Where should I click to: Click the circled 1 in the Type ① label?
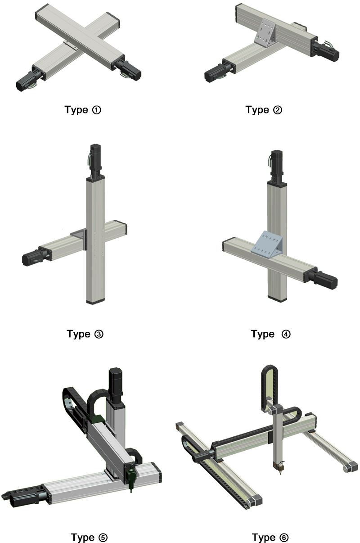[x=96, y=110]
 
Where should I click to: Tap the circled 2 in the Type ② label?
[x=278, y=110]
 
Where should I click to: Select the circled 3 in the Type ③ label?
[x=99, y=334]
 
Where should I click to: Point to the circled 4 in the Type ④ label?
[x=286, y=334]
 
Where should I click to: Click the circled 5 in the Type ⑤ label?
[x=103, y=538]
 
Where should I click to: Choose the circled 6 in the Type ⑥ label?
[x=284, y=538]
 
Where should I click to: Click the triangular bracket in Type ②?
[x=265, y=33]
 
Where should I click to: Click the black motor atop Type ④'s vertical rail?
[x=277, y=166]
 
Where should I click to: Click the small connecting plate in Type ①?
[x=71, y=45]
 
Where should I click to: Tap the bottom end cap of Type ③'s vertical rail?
[x=95, y=302]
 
